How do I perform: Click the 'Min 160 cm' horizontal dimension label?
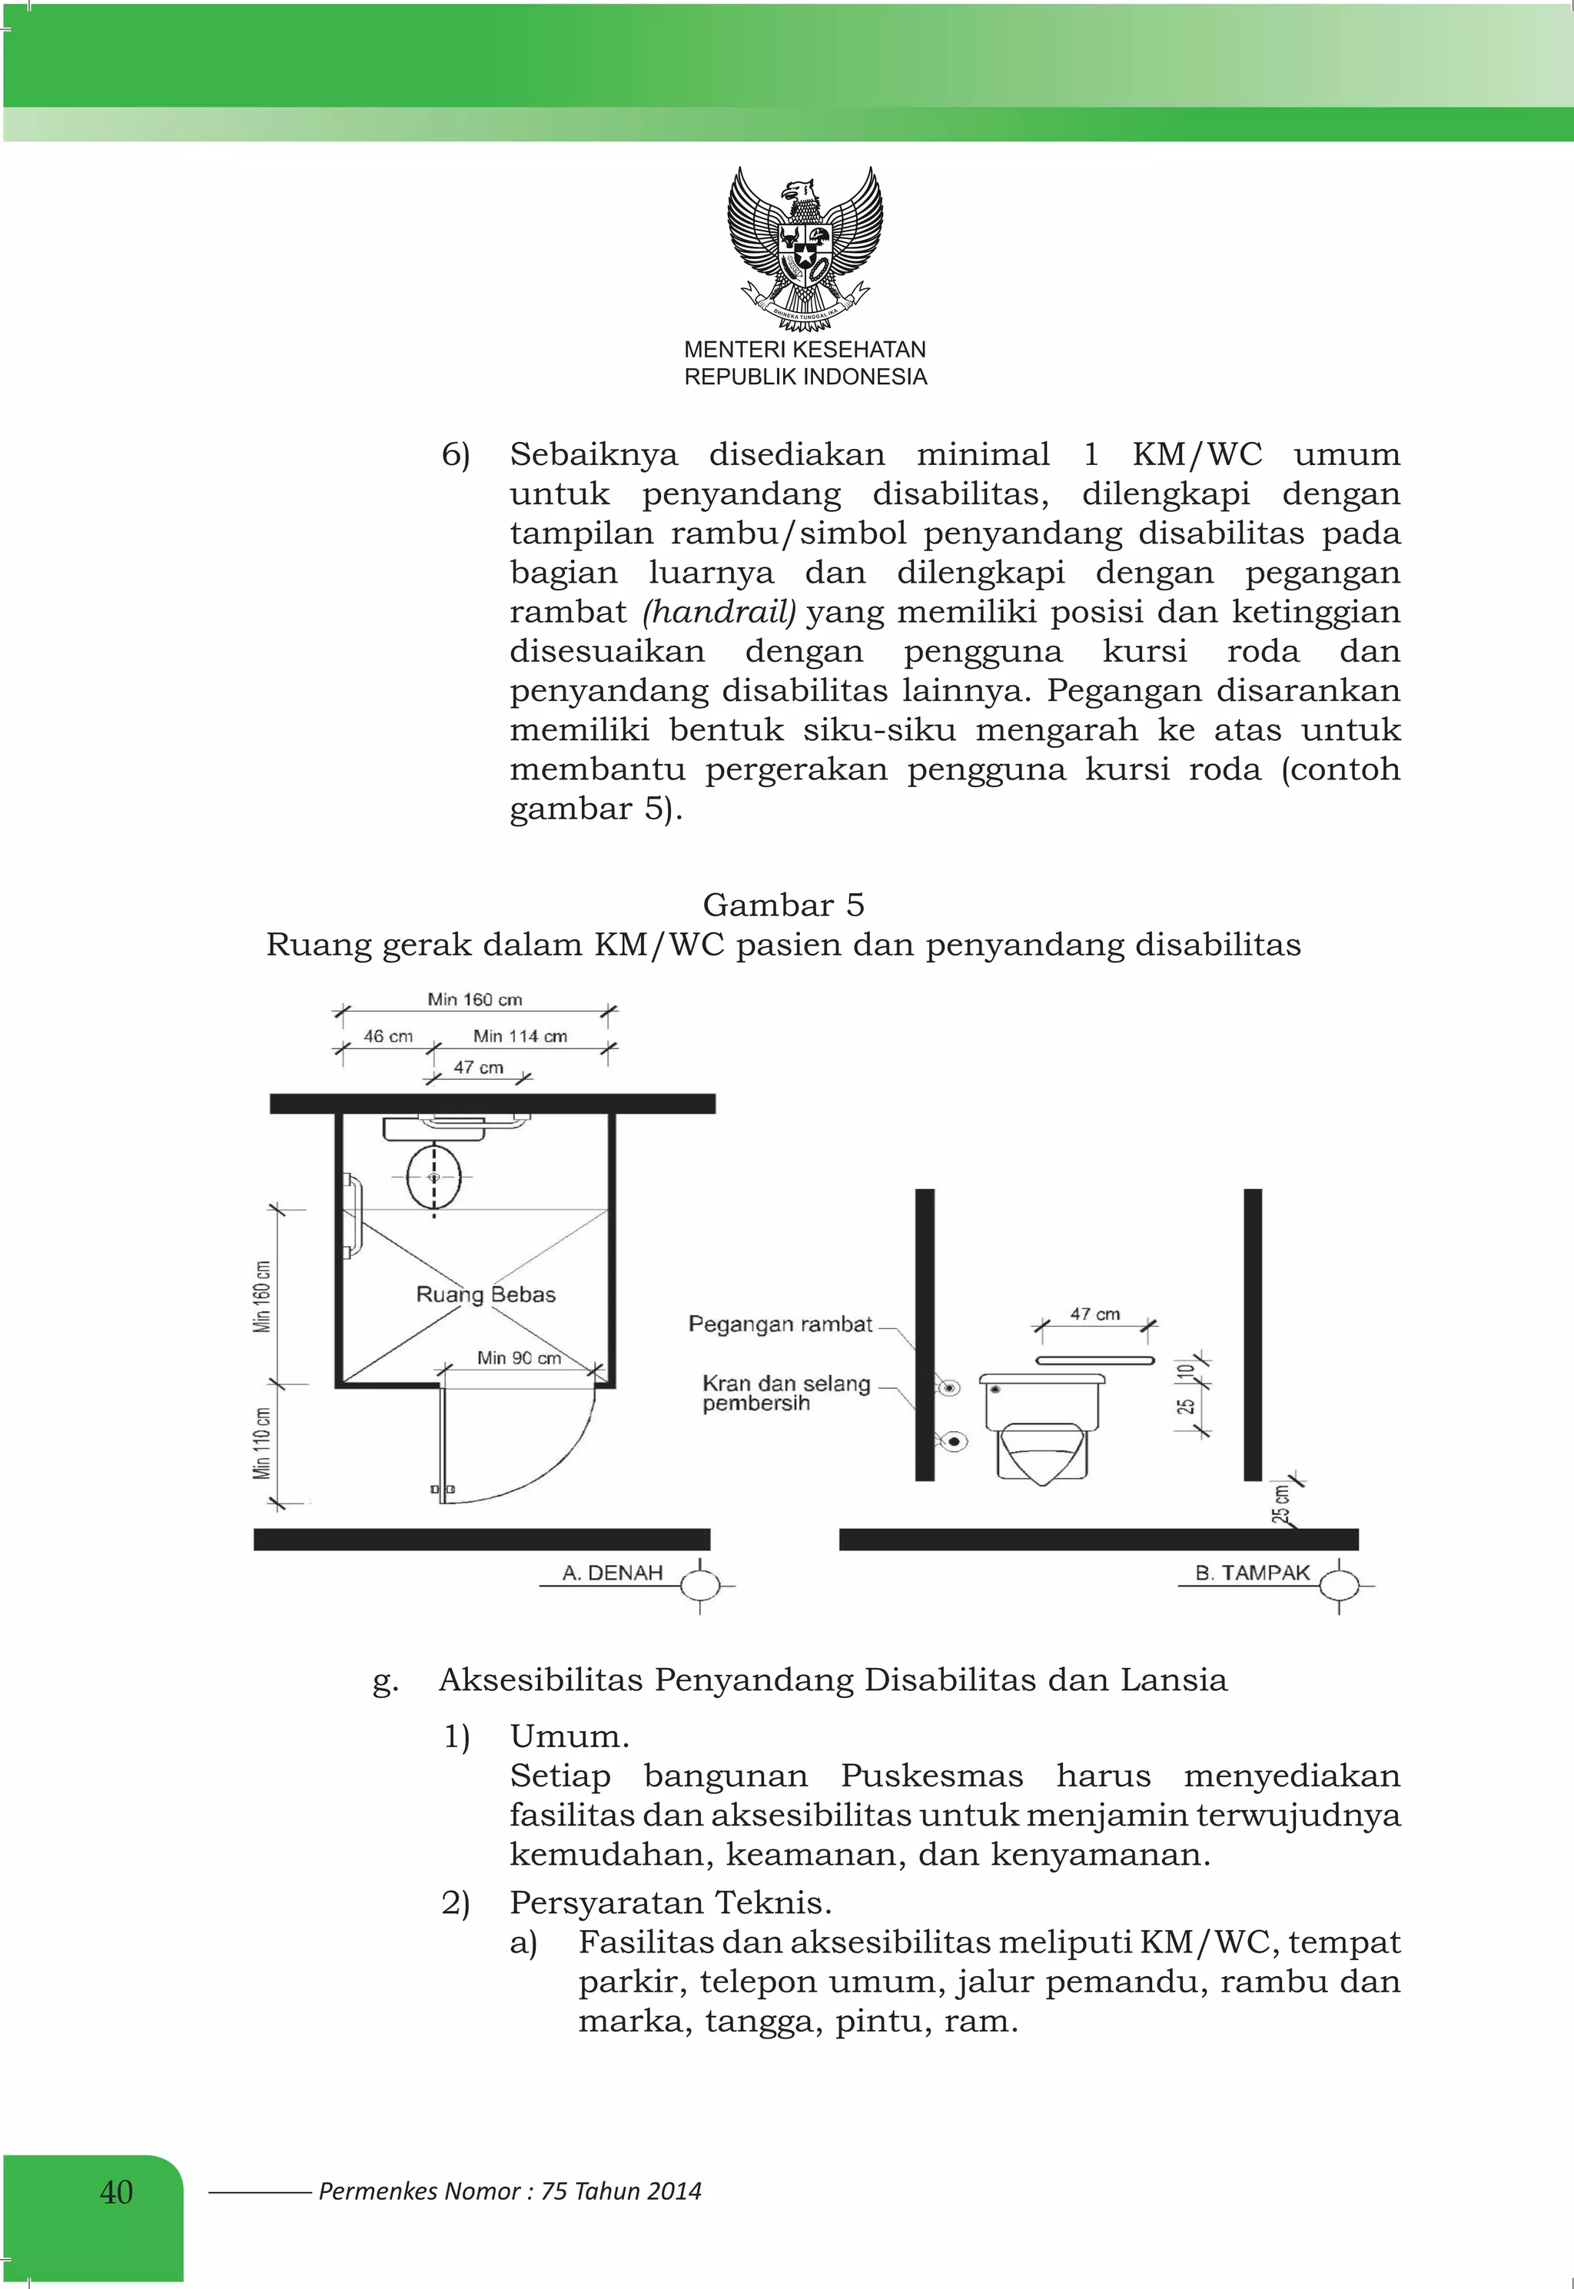coord(474,999)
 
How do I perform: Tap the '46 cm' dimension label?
coord(387,1035)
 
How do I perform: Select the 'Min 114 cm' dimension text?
coord(520,1035)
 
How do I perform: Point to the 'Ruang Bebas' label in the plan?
coord(485,1294)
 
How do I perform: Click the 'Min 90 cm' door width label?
coord(519,1358)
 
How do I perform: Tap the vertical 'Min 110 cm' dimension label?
coord(262,1443)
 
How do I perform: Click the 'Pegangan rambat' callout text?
coord(780,1324)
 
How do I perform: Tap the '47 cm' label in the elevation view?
coord(1094,1314)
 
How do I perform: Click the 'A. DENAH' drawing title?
coord(613,1573)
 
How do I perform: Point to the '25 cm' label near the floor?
coord(1280,1505)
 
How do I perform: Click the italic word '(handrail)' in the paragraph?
coord(718,612)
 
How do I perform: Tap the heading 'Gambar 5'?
coord(783,905)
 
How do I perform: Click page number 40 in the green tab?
coord(115,2191)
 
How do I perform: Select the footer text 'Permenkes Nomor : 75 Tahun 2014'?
coord(509,2191)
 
